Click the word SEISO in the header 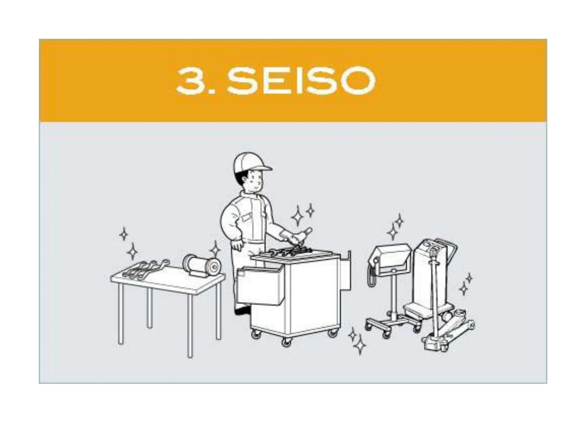coord(301,80)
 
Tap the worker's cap coord(251,162)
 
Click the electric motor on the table coord(202,265)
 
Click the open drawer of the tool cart coord(260,285)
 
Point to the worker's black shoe coord(242,310)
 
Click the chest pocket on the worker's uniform coord(246,217)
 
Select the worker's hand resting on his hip coord(237,244)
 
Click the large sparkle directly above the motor coord(215,249)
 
